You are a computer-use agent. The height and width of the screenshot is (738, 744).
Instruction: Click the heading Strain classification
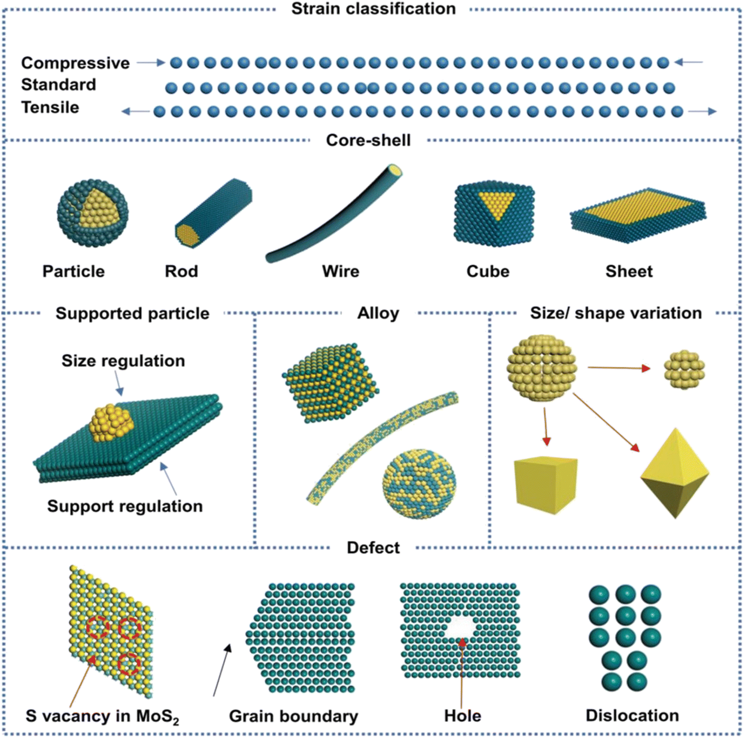373,9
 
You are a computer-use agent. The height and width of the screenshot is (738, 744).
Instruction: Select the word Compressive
75,63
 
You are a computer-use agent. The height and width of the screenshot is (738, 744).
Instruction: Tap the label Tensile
50,107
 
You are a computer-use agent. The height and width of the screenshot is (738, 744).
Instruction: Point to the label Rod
182,271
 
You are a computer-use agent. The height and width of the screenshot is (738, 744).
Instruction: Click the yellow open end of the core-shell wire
395,170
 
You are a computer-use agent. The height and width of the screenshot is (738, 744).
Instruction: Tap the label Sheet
629,271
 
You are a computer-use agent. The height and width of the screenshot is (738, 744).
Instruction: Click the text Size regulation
123,361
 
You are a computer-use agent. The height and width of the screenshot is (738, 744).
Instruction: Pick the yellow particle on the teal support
112,423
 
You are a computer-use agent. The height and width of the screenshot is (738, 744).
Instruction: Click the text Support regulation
125,506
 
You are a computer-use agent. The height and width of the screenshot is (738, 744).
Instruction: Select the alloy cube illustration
331,383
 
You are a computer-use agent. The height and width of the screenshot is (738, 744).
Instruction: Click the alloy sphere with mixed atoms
419,484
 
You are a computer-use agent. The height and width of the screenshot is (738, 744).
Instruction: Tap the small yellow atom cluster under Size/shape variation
685,370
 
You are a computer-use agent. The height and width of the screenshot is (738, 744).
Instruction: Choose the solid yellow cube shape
546,485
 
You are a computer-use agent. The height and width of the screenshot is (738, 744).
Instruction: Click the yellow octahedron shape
675,473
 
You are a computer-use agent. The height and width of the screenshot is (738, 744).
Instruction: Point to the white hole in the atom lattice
460,627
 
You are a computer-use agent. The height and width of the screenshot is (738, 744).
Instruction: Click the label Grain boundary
294,716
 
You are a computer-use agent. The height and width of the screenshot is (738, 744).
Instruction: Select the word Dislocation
632,715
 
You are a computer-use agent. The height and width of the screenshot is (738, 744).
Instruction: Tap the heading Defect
373,548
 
